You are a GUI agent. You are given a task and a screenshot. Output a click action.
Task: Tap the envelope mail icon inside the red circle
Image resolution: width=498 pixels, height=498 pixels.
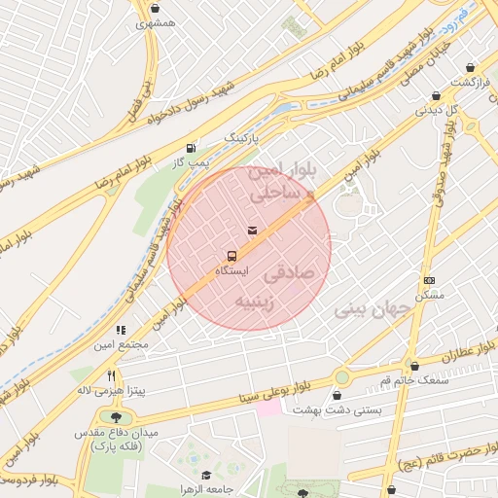pos(253,231)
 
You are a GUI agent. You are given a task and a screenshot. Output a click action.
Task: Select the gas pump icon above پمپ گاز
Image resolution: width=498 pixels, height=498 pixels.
pos(191,149)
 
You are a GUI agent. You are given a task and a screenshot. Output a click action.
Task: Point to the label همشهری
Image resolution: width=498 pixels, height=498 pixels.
pos(156,20)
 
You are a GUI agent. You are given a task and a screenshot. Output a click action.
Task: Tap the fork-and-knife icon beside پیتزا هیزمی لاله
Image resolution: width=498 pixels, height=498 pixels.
pos(112,375)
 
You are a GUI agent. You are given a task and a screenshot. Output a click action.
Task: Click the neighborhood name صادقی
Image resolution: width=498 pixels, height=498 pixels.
pos(292,275)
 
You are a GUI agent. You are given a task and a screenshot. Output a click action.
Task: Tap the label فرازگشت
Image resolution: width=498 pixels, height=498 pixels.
pos(469,82)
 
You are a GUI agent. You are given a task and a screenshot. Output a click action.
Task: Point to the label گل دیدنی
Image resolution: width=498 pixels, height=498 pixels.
pos(437,110)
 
